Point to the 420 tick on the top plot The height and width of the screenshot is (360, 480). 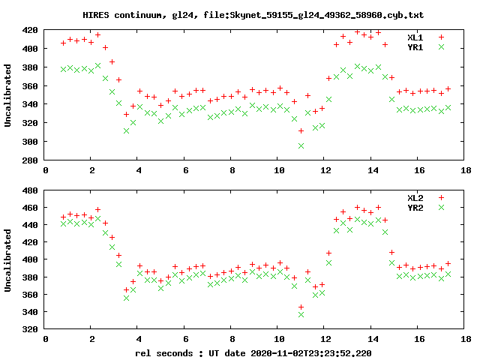tap(30, 30)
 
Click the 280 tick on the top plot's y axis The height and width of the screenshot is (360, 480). tap(30, 160)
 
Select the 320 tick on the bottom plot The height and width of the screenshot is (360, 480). tap(30, 329)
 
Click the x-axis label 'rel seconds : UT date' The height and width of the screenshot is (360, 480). tap(253, 352)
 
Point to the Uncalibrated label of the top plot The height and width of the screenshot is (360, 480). tap(8, 95)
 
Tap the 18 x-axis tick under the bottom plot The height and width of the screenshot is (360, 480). tap(466, 339)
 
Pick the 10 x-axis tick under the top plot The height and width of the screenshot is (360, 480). tap(279, 169)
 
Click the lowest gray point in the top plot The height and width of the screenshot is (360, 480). tap(301, 145)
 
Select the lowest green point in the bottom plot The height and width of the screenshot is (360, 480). tap(301, 314)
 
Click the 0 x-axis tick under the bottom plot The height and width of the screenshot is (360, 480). tap(46, 339)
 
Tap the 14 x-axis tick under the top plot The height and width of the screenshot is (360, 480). tap(373, 169)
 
